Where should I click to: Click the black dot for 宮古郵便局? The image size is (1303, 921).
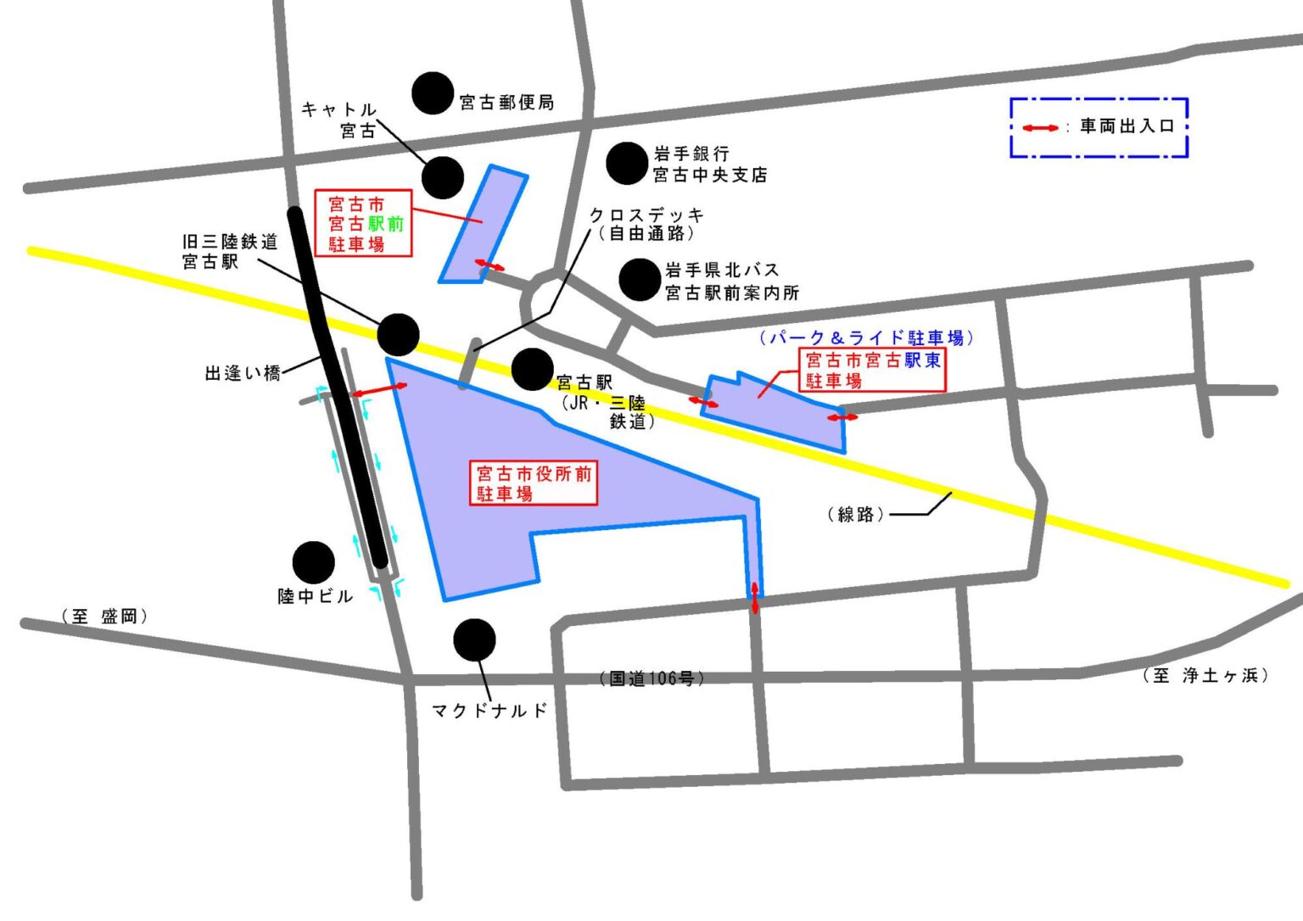[433, 93]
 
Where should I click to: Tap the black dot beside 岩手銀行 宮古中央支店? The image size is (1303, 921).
[627, 163]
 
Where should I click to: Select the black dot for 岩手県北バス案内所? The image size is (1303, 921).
[640, 280]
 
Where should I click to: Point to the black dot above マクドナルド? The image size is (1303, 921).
[474, 639]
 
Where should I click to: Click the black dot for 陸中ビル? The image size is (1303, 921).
[313, 562]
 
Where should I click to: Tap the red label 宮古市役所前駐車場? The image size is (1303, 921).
[534, 483]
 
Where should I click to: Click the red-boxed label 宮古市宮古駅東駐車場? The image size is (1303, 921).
[873, 371]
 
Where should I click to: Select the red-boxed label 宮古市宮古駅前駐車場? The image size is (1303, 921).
[365, 224]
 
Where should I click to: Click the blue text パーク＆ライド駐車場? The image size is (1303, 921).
[866, 338]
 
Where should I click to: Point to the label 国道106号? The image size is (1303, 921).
[651, 678]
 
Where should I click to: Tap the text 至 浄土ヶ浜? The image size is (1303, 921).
[1205, 675]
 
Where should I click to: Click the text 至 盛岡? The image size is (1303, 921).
[104, 617]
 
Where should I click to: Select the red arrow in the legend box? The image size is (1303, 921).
[1040, 128]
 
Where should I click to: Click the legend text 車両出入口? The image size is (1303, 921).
[1127, 126]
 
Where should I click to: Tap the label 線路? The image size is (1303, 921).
[855, 515]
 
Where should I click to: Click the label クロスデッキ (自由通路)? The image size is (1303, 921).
[646, 224]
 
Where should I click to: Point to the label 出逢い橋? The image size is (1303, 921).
[243, 373]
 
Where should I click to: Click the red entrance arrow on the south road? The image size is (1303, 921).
[755, 597]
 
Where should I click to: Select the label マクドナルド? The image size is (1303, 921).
[489, 711]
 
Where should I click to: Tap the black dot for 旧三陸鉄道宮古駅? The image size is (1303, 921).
[398, 335]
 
